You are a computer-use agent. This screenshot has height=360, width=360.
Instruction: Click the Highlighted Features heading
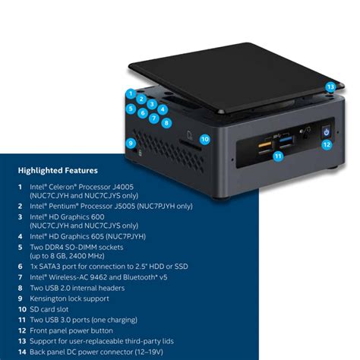(x=58, y=170)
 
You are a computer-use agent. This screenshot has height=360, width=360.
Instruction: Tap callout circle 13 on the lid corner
(x=330, y=87)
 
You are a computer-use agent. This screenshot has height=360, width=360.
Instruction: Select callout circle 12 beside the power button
(x=326, y=144)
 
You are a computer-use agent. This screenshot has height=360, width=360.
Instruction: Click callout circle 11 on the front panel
(x=278, y=156)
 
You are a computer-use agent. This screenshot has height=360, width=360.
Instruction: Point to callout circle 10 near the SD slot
(x=205, y=139)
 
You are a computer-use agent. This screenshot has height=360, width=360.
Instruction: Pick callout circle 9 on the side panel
(x=131, y=143)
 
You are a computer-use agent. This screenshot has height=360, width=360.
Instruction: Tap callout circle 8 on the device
(x=166, y=122)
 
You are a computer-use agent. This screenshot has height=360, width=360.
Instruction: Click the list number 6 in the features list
(x=20, y=267)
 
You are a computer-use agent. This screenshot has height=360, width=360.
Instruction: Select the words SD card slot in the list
(x=54, y=310)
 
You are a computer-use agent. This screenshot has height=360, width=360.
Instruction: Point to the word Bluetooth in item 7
(x=141, y=278)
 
